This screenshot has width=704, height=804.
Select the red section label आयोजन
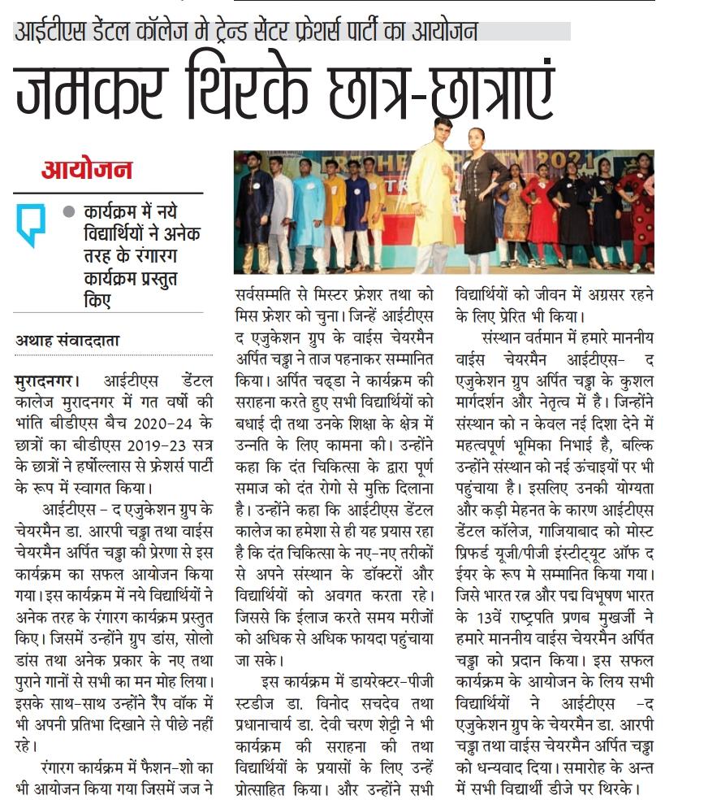click(87, 171)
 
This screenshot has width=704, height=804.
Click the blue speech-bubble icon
click(31, 224)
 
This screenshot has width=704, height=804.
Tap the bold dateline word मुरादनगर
click(45, 380)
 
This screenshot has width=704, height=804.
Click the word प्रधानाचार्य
click(274, 716)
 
